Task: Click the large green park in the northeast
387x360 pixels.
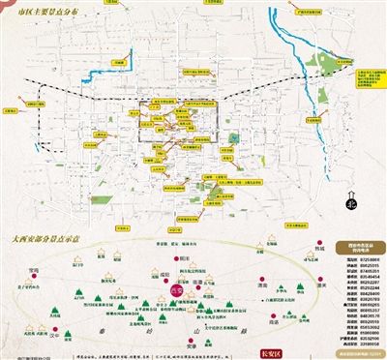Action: tap(337, 67)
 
